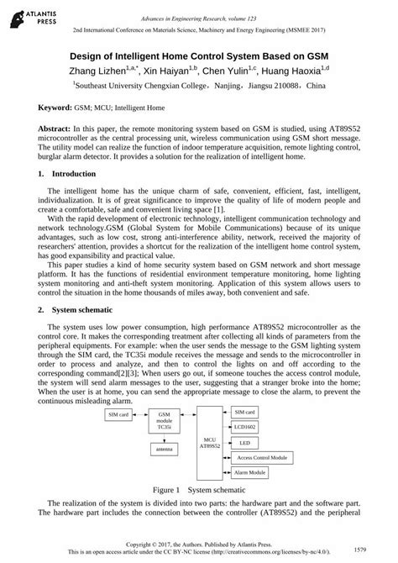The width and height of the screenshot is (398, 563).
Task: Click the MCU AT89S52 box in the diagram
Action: click(x=188, y=443)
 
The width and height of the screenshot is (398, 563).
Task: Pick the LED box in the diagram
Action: click(x=244, y=442)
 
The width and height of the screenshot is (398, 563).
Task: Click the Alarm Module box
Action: click(x=249, y=473)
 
